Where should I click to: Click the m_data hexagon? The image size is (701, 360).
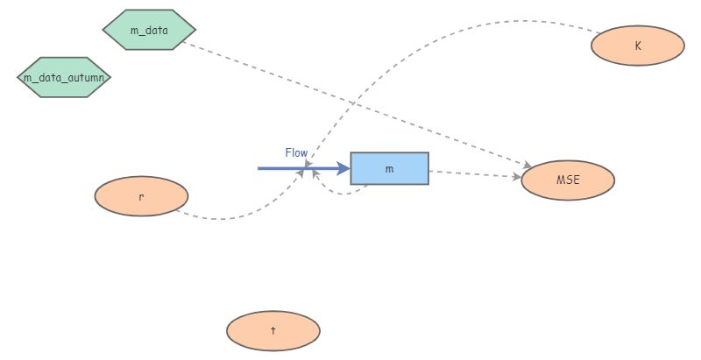pyautogui.click(x=148, y=30)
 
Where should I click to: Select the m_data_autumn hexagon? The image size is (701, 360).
pyautogui.click(x=64, y=77)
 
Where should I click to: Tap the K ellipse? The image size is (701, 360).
pyautogui.click(x=637, y=46)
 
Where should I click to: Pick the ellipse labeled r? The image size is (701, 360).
pyautogui.click(x=141, y=196)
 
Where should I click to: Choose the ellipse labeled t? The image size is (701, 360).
pyautogui.click(x=273, y=331)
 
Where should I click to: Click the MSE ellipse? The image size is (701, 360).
pyautogui.click(x=568, y=180)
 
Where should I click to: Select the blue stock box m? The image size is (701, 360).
pyautogui.click(x=389, y=168)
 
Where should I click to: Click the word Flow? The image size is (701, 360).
pyautogui.click(x=296, y=152)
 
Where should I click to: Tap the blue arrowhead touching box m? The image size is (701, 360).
pyautogui.click(x=343, y=168)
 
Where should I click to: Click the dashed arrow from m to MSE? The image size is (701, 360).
pyautogui.click(x=473, y=174)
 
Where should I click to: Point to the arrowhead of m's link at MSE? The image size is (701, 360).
pyautogui.click(x=516, y=177)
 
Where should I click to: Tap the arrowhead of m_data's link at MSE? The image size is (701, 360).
pyautogui.click(x=526, y=165)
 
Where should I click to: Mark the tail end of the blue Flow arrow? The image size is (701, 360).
pyautogui.click(x=259, y=168)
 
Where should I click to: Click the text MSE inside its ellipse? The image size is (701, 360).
pyautogui.click(x=568, y=180)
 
